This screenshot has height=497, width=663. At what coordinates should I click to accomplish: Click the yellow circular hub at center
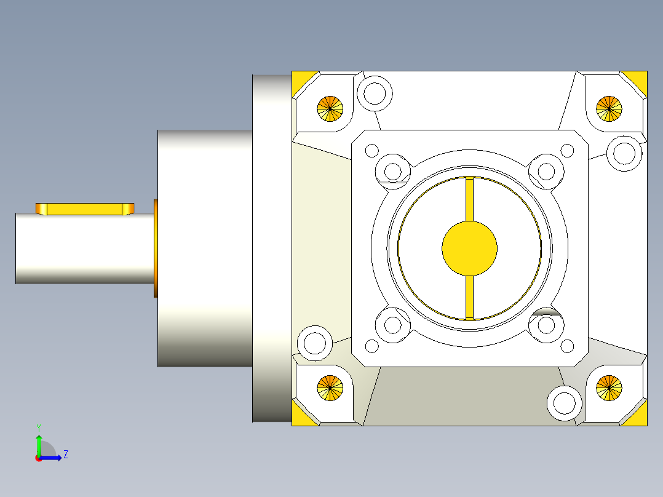(x=469, y=248)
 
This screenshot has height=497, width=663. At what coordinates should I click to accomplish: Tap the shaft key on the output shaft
(x=85, y=209)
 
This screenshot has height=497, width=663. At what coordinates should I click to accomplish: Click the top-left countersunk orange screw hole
(x=330, y=109)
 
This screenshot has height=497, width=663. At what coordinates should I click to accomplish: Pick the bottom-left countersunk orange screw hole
(x=330, y=388)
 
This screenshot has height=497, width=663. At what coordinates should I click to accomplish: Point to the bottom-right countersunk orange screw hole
(x=609, y=388)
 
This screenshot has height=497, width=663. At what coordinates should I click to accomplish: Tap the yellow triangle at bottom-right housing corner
(x=638, y=415)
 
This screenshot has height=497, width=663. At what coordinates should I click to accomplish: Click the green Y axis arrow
(x=39, y=443)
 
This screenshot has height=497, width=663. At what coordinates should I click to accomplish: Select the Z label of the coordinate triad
(x=65, y=455)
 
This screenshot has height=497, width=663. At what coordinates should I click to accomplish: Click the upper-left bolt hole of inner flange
(x=392, y=169)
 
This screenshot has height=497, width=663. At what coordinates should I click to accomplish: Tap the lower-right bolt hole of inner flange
(x=546, y=326)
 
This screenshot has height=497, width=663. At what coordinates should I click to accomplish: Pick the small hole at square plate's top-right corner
(x=567, y=151)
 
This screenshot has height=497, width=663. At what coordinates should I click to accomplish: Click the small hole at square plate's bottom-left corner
(x=371, y=346)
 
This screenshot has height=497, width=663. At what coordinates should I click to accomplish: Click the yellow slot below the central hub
(x=470, y=297)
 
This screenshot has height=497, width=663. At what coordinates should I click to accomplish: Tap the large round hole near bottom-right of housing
(x=564, y=403)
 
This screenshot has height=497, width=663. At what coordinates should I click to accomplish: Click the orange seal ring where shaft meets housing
(x=156, y=248)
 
